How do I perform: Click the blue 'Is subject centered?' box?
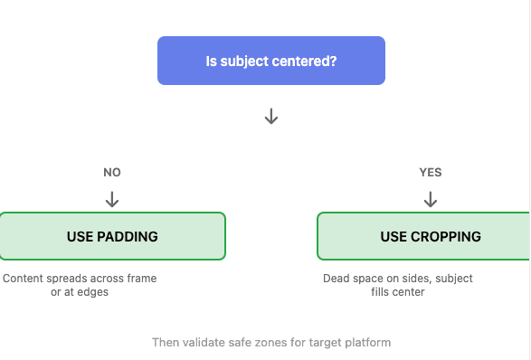pos(271,61)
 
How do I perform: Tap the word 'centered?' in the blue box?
pos(306,62)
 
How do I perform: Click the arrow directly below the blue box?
pos(270,117)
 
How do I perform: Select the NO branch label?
pos(112,172)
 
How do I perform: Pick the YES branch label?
pos(431,172)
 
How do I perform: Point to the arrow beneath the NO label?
pos(112,198)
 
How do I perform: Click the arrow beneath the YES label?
pos(431,198)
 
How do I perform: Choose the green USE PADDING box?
pos(112,236)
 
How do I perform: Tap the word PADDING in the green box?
pos(128,237)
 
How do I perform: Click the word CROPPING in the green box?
pos(446,237)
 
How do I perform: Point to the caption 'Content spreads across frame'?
pos(80,279)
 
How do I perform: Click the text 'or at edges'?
pos(80,292)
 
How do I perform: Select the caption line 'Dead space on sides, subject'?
pos(398,279)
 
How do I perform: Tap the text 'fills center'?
pos(398,292)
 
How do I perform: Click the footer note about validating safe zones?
pos(271,343)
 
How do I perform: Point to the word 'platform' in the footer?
pos(369,343)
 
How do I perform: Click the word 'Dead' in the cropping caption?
pos(337,279)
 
